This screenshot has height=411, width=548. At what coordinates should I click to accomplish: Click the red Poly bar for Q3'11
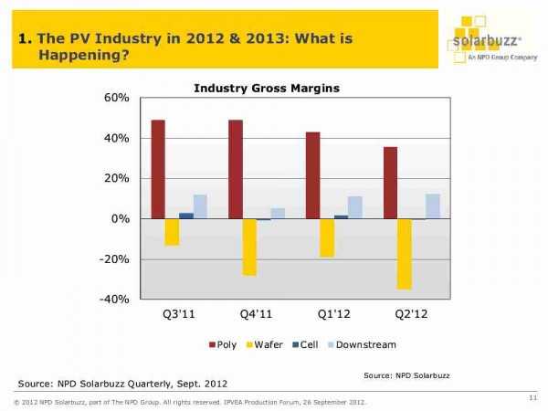click(x=158, y=169)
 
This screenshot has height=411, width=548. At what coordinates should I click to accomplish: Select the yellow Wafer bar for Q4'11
click(x=249, y=247)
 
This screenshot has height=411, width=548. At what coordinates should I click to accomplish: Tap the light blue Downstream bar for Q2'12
click(x=432, y=206)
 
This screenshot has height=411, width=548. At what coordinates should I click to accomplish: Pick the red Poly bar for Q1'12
click(x=312, y=175)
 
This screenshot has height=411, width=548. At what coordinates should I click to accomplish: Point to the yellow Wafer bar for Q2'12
click(x=404, y=254)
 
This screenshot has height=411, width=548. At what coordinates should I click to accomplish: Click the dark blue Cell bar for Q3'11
click(x=186, y=216)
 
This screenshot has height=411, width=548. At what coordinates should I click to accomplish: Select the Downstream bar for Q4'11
click(x=278, y=214)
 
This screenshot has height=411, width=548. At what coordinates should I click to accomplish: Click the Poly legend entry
click(x=227, y=345)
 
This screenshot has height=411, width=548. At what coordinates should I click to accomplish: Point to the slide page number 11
click(x=532, y=395)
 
